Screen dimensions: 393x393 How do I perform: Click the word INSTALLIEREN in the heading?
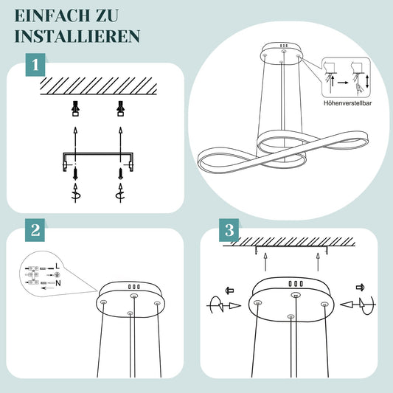[x=77, y=36]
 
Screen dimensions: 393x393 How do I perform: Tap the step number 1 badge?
[x=35, y=65]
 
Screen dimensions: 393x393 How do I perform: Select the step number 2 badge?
[x=35, y=230]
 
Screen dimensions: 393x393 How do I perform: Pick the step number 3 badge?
[x=229, y=230]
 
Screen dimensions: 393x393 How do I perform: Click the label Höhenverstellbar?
[x=347, y=103]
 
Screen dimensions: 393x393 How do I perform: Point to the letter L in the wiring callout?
[x=58, y=266]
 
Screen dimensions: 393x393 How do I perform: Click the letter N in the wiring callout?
[x=58, y=283]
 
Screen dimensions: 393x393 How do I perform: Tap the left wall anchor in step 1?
[x=75, y=108]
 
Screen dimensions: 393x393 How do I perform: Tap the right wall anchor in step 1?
[x=121, y=108]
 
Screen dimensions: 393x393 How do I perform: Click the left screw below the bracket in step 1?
[x=75, y=174]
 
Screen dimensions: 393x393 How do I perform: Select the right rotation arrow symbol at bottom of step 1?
[x=121, y=193]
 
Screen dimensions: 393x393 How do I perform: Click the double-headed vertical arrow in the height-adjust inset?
[x=367, y=82]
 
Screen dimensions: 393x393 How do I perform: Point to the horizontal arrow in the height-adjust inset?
[x=343, y=83]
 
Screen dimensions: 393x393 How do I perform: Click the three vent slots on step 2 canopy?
[x=134, y=287]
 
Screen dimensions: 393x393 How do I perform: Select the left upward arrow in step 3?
[x=265, y=262]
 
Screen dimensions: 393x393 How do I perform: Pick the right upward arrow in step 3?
[x=318, y=262]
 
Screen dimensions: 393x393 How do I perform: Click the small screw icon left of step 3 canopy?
[x=229, y=291]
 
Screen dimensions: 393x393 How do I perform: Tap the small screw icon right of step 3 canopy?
[x=360, y=288]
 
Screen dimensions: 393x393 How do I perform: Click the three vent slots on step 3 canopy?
[x=296, y=284]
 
